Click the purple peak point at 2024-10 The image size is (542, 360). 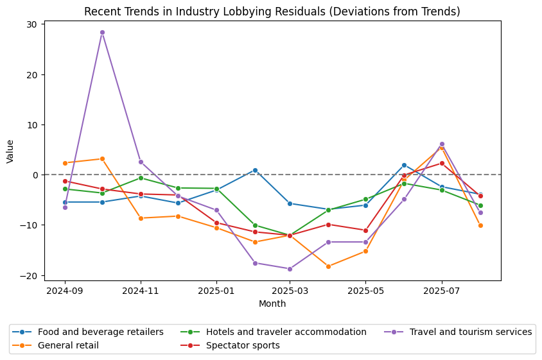pos(102,32)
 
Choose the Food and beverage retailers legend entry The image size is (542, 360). pos(100,332)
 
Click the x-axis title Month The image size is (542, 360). pos(272,304)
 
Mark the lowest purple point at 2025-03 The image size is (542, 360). pos(290,269)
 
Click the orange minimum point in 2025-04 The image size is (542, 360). pos(328,266)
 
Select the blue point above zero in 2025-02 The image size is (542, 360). pos(255,170)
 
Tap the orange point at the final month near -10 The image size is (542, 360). pos(480,225)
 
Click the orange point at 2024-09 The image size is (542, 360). pos(65,163)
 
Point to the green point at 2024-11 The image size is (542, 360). pos(141,178)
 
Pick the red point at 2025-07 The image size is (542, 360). pos(442,163)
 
